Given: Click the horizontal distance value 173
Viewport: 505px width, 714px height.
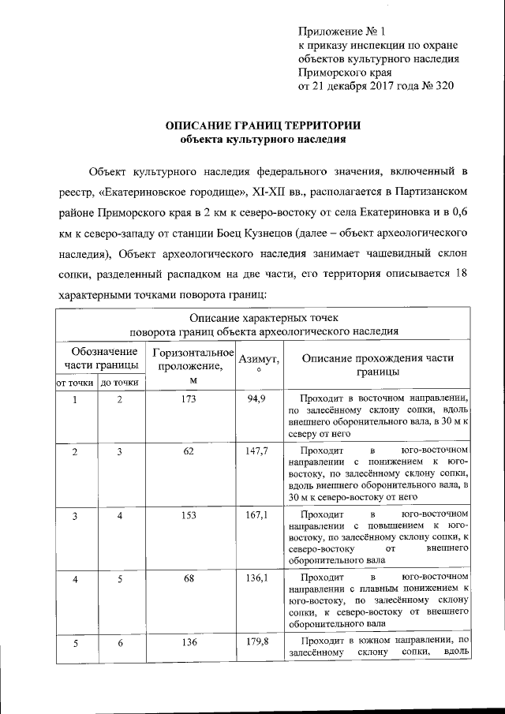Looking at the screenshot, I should tap(188, 399).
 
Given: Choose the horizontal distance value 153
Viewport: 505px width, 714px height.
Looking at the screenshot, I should tap(188, 514).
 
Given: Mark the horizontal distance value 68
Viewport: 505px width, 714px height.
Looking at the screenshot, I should tap(188, 578).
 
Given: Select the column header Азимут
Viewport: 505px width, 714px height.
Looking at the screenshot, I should tap(258, 360).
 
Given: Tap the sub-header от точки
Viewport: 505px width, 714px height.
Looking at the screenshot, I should tap(74, 383).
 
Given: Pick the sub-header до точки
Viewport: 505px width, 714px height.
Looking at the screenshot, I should tap(121, 383).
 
